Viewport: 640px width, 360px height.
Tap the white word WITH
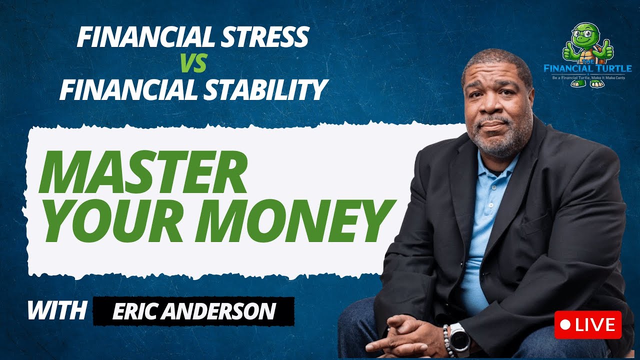[x=56, y=310]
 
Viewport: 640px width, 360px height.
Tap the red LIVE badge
[x=587, y=325]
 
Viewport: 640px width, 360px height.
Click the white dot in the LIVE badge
[x=565, y=325]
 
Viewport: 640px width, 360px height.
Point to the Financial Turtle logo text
[x=588, y=67]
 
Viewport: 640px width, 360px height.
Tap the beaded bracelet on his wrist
[x=446, y=340]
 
